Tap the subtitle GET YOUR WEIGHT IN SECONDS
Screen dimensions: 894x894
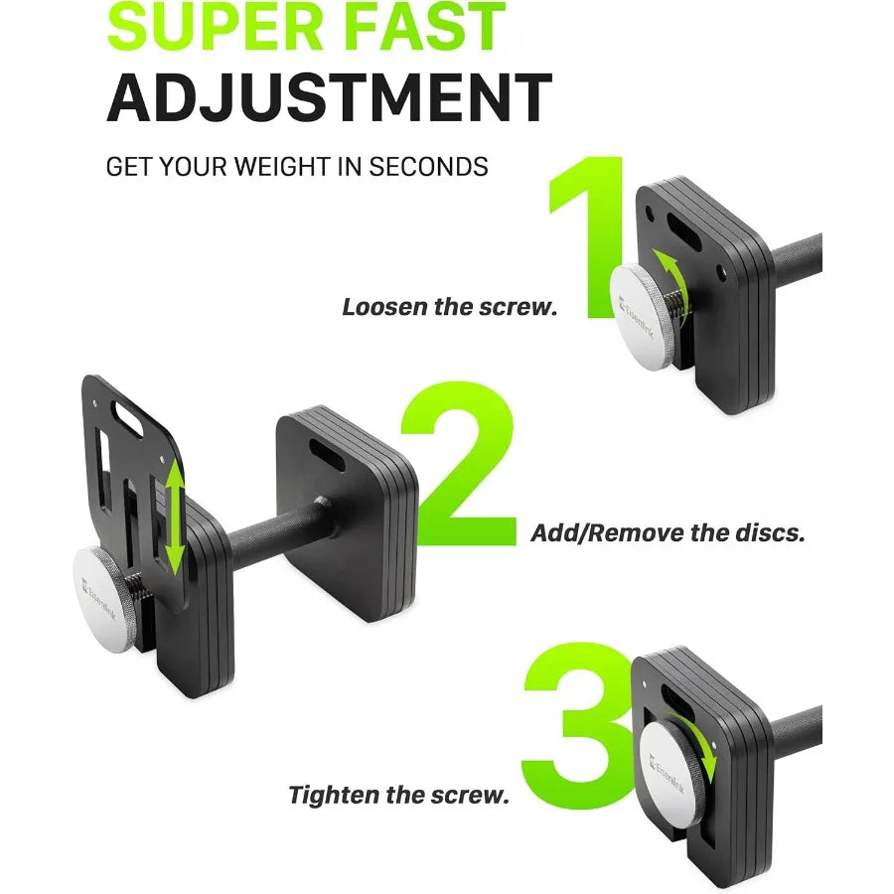pos(297,166)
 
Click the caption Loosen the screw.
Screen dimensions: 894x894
pos(449,307)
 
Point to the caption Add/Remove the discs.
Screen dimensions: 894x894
pos(668,532)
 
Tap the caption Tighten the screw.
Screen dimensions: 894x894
pos(398,795)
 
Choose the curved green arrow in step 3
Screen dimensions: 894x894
pos(700,746)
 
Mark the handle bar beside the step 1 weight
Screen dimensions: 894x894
pos(796,259)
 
